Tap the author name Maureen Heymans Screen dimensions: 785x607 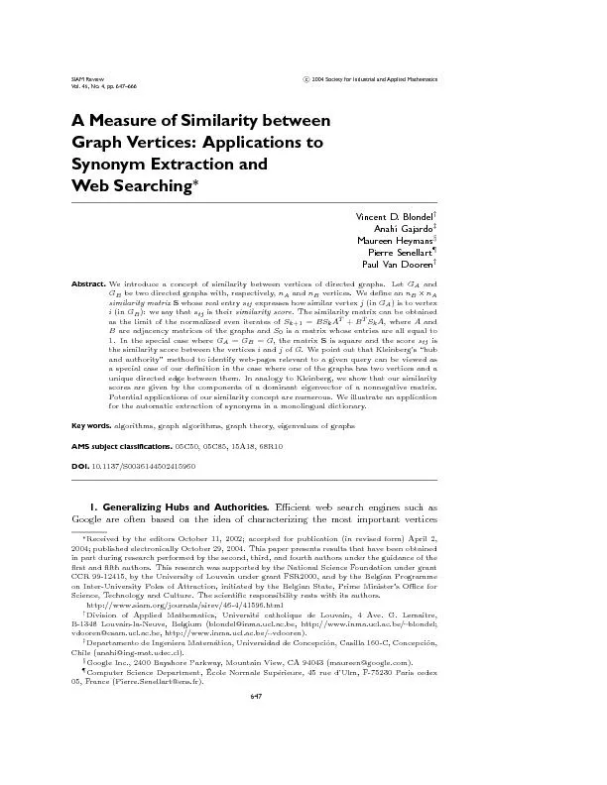click(x=394, y=240)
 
